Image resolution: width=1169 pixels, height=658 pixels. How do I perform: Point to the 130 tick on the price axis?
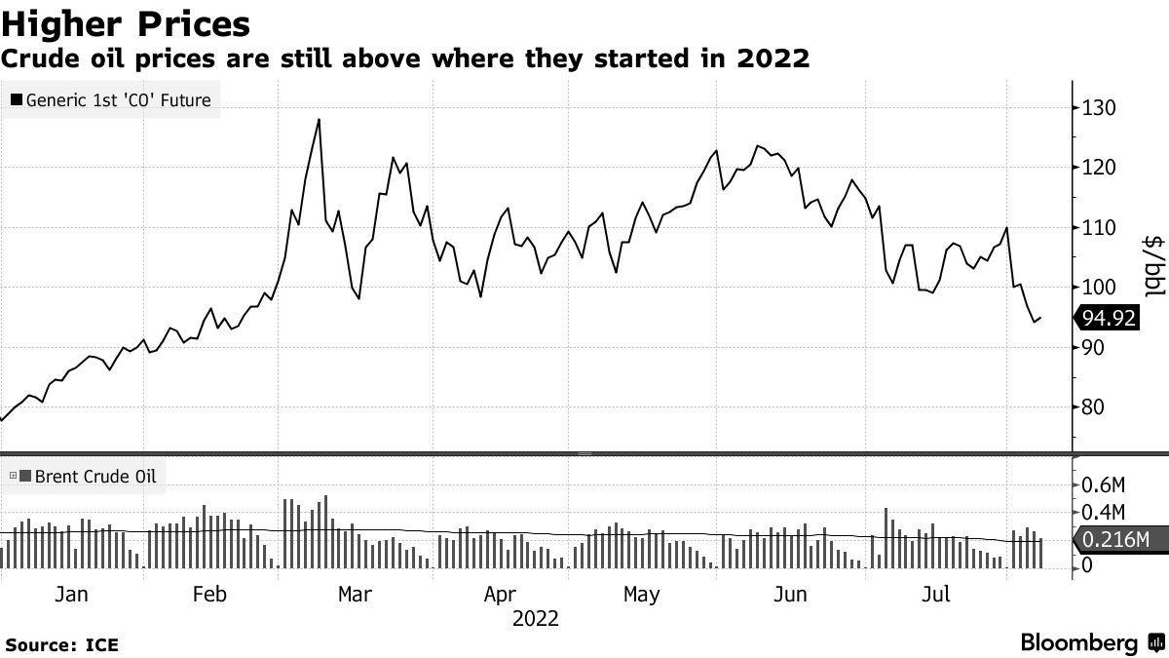1100,108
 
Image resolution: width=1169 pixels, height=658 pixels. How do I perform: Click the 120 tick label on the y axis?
1100,168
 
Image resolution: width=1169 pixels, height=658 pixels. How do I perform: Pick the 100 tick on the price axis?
1100,288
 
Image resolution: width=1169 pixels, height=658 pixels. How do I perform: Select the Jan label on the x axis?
72,594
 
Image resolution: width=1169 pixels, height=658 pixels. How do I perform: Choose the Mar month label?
354,594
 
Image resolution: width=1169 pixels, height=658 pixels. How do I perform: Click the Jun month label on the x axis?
790,594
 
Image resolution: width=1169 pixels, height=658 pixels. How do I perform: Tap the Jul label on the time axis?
935,594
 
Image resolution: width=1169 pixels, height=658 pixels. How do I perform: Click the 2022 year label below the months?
535,619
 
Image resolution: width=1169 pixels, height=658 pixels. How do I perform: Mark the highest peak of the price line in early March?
319,120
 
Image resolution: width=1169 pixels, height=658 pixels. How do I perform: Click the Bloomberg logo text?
1078,643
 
